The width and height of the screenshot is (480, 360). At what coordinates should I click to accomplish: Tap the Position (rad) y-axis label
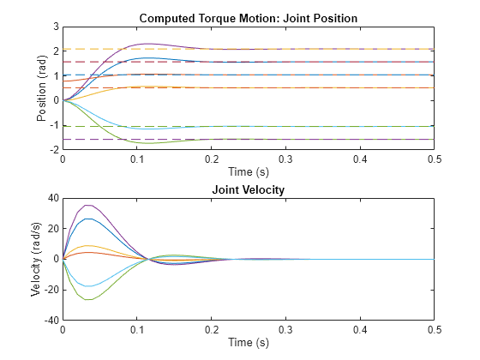click(x=42, y=87)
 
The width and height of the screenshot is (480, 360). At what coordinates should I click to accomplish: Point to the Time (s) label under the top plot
click(x=249, y=171)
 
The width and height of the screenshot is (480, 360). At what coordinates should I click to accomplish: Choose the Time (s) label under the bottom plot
click(x=249, y=342)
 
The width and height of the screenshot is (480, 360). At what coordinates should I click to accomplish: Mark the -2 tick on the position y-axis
click(x=53, y=149)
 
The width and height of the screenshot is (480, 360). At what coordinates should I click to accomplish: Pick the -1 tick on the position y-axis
click(x=53, y=125)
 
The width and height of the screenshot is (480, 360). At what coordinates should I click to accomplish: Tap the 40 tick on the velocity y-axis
click(x=52, y=198)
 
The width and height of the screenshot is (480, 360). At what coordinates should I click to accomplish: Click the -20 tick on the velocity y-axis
click(x=50, y=290)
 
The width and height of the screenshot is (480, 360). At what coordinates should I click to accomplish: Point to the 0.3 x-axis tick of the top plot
click(x=286, y=159)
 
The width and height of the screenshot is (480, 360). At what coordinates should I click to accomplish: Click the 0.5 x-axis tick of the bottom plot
click(x=435, y=330)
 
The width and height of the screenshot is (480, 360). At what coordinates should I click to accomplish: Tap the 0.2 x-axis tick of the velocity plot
click(x=212, y=330)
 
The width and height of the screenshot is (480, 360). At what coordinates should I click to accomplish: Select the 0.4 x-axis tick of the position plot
click(x=361, y=159)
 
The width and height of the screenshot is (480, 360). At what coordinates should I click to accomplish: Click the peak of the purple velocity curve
click(x=87, y=205)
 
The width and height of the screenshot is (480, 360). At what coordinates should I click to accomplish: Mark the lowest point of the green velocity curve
click(x=87, y=299)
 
